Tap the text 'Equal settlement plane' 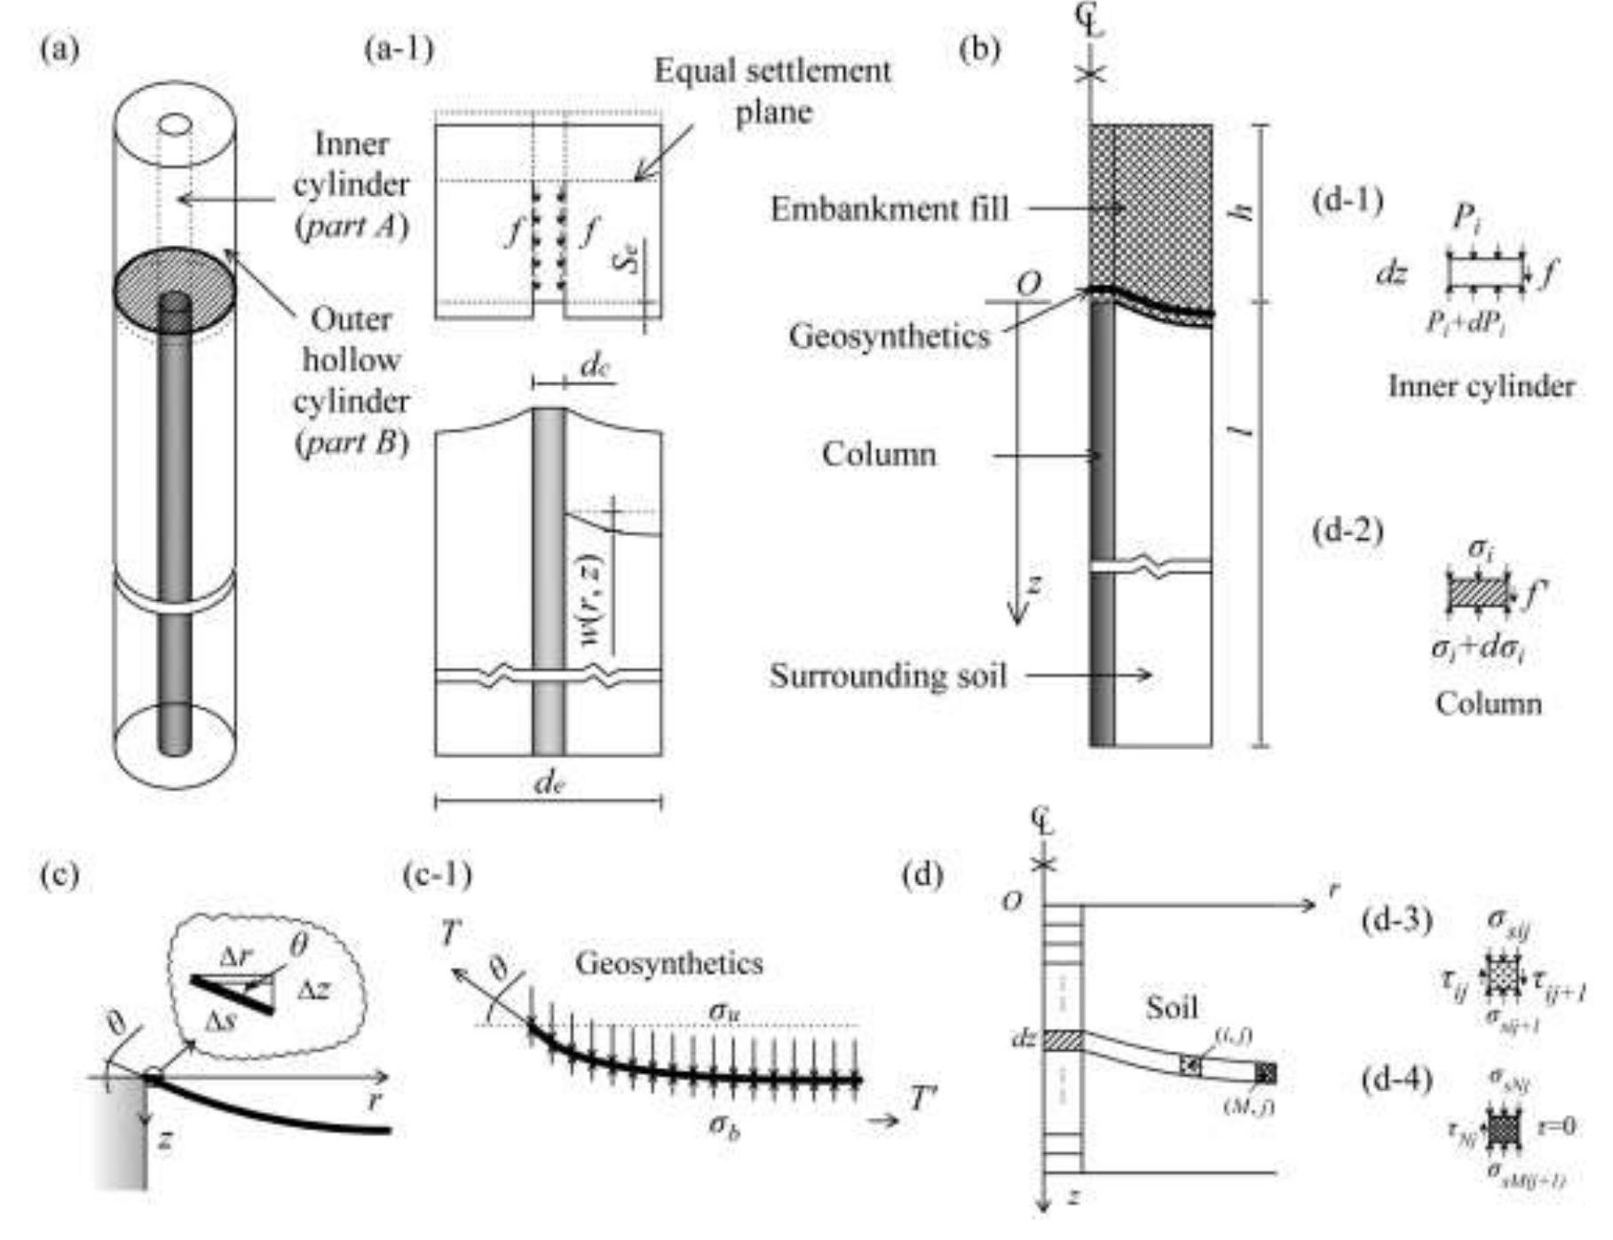pyautogui.click(x=772, y=91)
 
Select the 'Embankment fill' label pyautogui.click(x=889, y=209)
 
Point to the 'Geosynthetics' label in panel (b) pyautogui.click(x=889, y=336)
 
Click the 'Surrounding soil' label pyautogui.click(x=888, y=676)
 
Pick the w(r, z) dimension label pyautogui.click(x=589, y=600)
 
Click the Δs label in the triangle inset pyautogui.click(x=220, y=1020)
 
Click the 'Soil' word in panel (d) pyautogui.click(x=1171, y=1007)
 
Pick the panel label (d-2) pyautogui.click(x=1348, y=531)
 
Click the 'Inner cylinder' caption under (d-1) pyautogui.click(x=1482, y=386)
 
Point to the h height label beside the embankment pyautogui.click(x=1246, y=209)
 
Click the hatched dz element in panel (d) pyautogui.click(x=1063, y=1040)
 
